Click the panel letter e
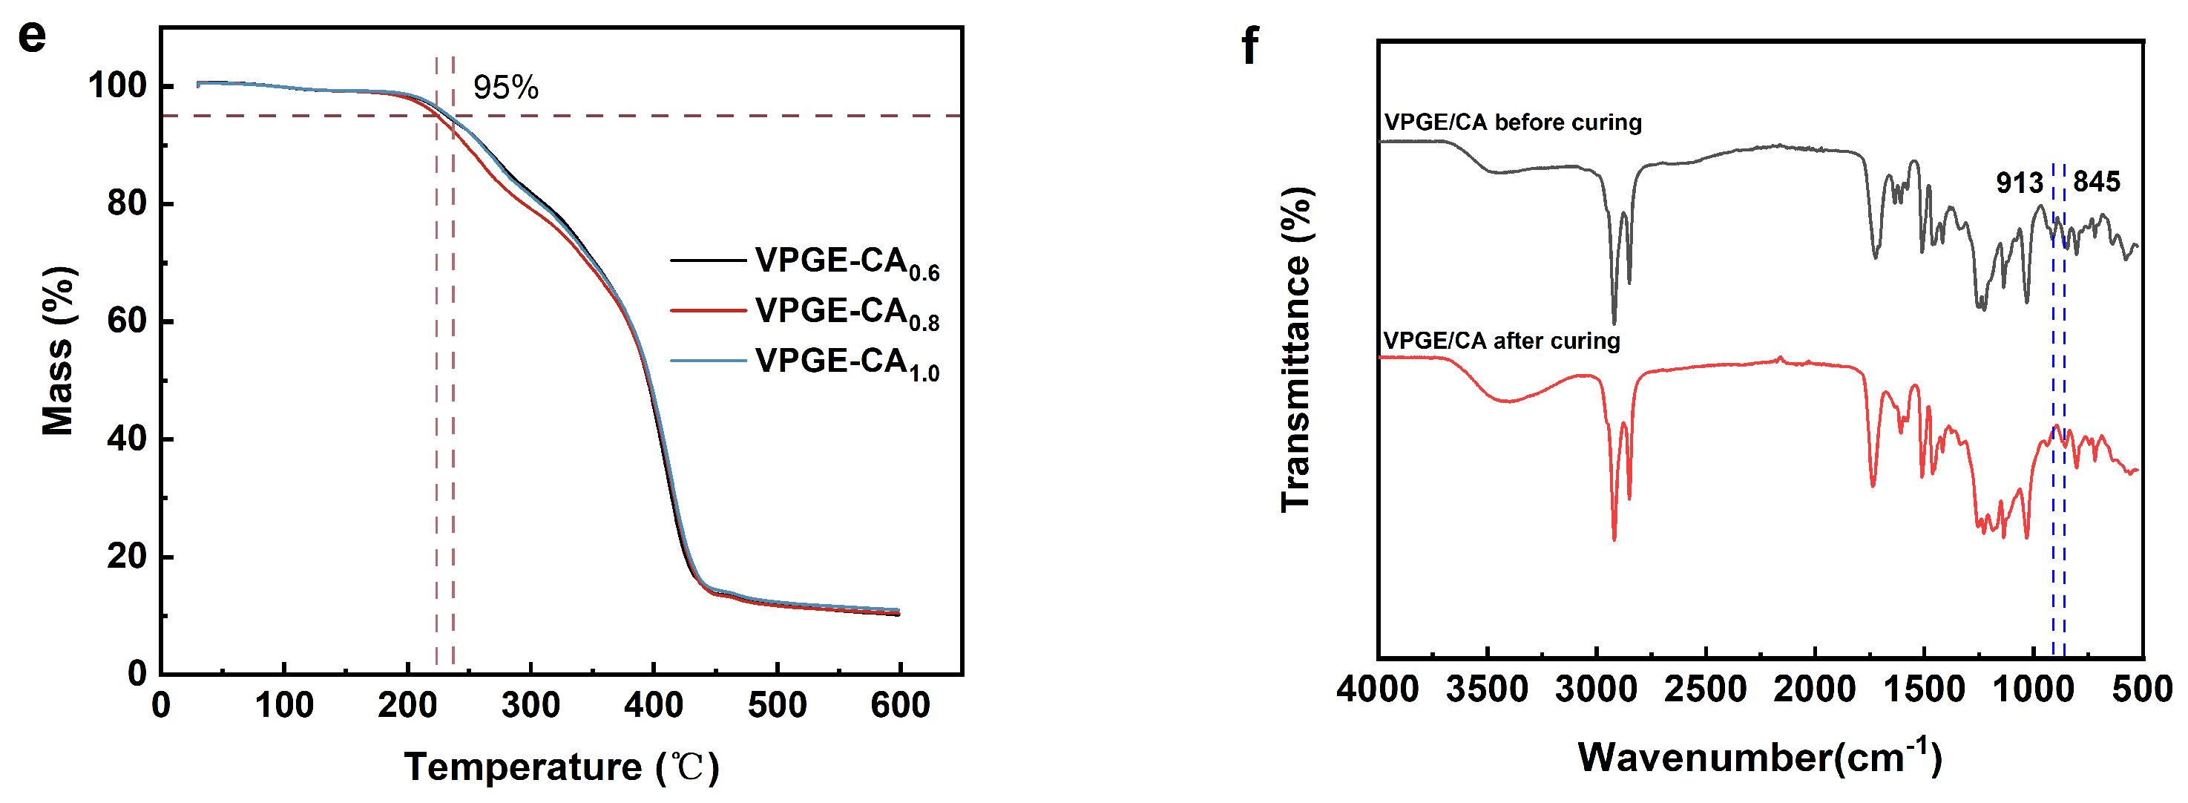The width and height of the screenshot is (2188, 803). pos(33,36)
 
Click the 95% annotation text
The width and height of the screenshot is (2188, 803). pos(505,88)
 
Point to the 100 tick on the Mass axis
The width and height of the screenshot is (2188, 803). pos(117,86)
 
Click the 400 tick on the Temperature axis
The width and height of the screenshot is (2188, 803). pos(653,705)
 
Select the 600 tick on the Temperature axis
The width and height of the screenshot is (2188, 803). pos(899,705)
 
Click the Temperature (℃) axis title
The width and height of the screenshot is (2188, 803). pos(562,767)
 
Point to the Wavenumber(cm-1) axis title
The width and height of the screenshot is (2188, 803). pos(1759,756)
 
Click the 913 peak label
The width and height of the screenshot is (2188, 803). pos(2019,183)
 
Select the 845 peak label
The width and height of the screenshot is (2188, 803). pos(2096,182)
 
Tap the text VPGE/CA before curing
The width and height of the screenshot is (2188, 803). pos(1513,122)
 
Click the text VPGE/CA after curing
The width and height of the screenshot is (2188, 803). pos(1501,341)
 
